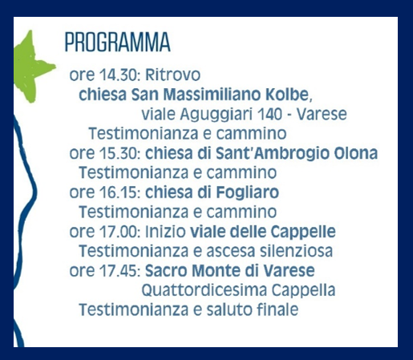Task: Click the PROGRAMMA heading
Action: tap(118, 42)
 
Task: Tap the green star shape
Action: tap(32, 67)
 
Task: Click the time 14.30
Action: tap(119, 75)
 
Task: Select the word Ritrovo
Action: tap(172, 75)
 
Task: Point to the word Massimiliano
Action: tap(212, 95)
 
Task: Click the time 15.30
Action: tap(119, 153)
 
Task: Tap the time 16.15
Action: tap(119, 192)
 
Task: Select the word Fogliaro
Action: tap(247, 193)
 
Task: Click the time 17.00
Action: tap(119, 232)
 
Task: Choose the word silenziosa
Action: tap(297, 251)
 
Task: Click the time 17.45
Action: tap(119, 271)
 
